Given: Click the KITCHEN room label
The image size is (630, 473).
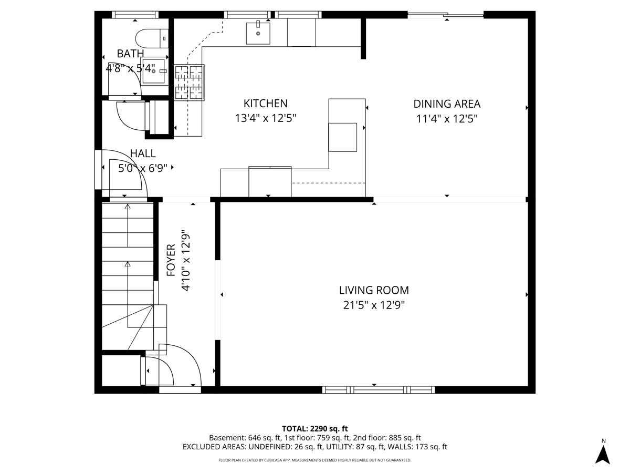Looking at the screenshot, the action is (265, 104).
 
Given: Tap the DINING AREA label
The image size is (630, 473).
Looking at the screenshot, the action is (447, 104).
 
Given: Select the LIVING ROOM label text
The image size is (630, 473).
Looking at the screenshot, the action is (374, 290).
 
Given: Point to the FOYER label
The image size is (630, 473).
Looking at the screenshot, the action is (171, 260).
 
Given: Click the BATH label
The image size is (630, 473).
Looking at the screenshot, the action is (130, 54).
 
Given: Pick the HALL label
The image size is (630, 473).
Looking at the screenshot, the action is (143, 153).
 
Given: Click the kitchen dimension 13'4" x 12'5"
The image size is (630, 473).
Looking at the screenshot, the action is (265, 118).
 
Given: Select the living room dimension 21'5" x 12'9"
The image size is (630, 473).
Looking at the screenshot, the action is (374, 305).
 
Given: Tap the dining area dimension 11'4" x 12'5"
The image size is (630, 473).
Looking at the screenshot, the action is (447, 119).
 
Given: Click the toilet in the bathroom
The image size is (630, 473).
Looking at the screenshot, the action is (152, 38).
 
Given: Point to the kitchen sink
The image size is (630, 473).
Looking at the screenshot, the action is (258, 33).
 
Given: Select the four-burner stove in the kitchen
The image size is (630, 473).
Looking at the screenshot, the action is (189, 83).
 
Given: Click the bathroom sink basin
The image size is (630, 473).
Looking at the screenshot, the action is (153, 71).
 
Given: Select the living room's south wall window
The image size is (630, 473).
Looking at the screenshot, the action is (379, 390).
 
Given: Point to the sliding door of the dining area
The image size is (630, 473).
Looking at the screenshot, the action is (445, 15).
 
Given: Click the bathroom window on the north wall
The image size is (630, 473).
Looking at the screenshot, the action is (135, 15).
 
